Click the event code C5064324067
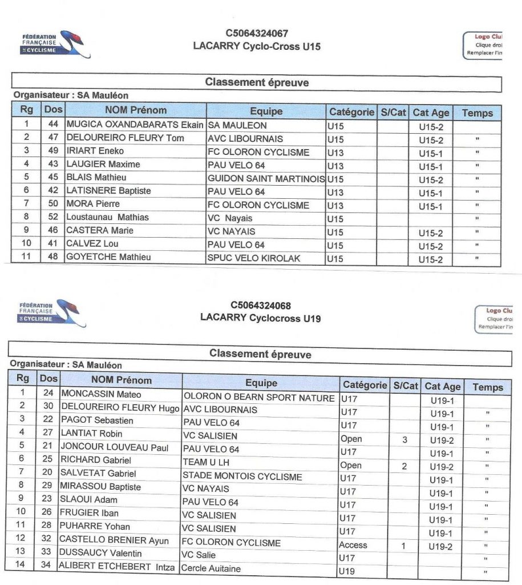256,34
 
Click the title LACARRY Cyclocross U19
260,318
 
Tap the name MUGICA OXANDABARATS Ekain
135,125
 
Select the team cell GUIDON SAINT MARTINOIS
266,179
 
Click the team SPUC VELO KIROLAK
254,258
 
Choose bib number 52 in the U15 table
54,217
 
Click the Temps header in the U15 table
478,113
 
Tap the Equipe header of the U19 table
261,383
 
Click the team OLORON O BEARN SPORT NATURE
258,398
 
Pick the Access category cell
353,545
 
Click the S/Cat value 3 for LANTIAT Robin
404,440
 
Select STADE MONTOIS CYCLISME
242,476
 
